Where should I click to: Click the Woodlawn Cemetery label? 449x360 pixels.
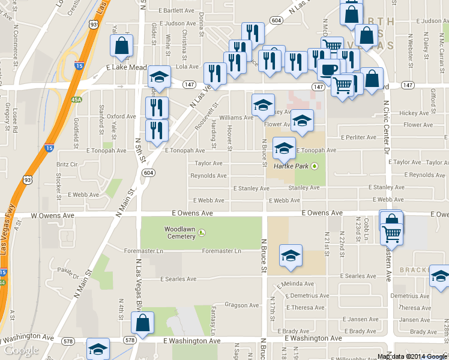[x=180, y=232]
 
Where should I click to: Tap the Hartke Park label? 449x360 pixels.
[x=292, y=166]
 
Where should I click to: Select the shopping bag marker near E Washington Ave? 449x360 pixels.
[x=143, y=324]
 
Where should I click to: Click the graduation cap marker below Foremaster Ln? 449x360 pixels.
[x=291, y=256]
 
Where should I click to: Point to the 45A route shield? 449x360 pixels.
[x=76, y=99]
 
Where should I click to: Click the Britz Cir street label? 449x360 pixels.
[x=67, y=164]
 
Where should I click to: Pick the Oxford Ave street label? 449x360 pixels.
[x=122, y=116]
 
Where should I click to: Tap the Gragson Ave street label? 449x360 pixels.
[x=243, y=305]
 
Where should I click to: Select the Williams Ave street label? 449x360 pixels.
[x=236, y=118]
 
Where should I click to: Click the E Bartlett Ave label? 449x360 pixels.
[x=176, y=11]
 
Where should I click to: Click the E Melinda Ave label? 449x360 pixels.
[x=295, y=284]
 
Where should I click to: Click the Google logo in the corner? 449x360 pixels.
[x=21, y=350]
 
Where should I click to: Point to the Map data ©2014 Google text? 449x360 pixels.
[x=413, y=356]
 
